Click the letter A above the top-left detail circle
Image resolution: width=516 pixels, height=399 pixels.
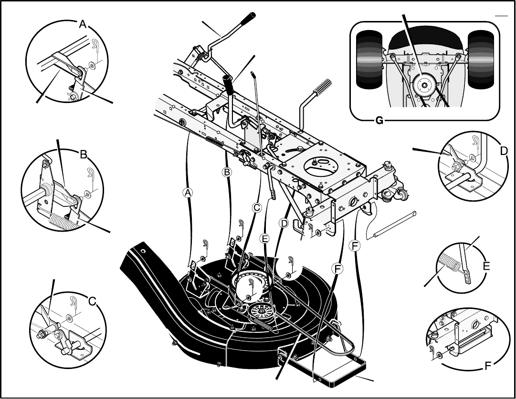tap(83, 24)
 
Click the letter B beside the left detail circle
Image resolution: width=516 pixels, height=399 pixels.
tap(84, 154)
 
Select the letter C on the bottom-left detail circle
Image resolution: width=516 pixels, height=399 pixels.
tap(93, 301)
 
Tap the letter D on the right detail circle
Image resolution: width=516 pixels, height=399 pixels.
tap(504, 151)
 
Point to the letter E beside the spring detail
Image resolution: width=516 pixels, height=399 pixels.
tap(486, 266)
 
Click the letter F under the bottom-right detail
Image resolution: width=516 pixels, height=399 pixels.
tap(488, 366)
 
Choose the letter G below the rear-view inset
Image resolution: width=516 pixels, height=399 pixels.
tap(379, 121)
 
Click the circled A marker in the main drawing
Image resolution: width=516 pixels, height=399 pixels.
tap(188, 193)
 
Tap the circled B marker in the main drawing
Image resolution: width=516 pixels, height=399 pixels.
tap(227, 172)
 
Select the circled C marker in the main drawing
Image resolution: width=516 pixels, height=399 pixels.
tap(256, 208)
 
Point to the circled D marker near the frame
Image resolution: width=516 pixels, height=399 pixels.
tap(284, 224)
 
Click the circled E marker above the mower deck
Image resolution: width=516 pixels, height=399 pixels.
tap(264, 238)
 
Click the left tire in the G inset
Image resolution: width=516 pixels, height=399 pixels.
tap(369, 59)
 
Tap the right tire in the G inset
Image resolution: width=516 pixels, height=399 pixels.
tap(481, 59)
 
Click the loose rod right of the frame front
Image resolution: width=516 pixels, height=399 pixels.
tap(395, 225)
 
